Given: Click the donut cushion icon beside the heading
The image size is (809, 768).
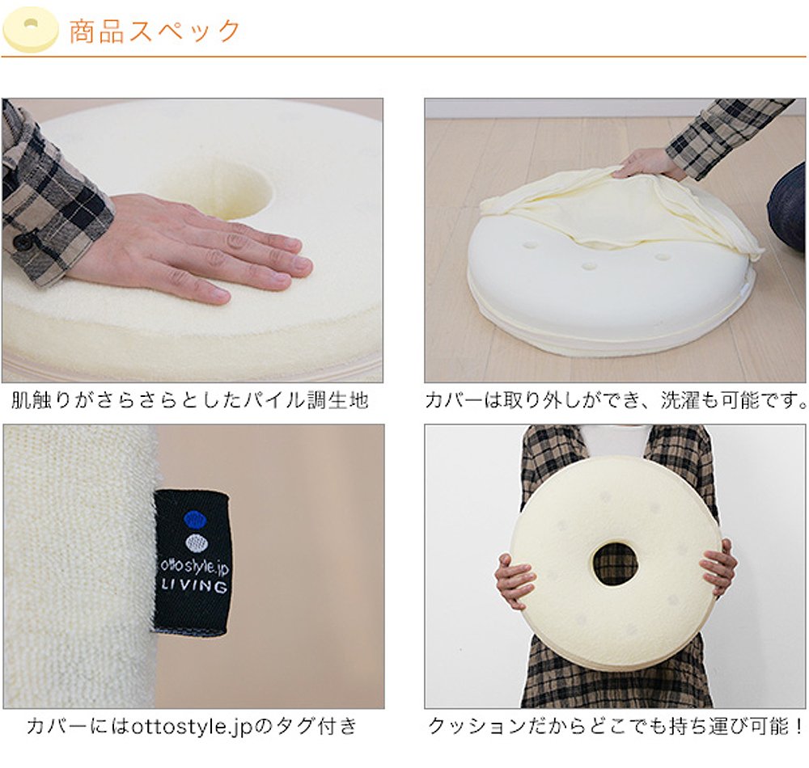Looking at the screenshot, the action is (31, 30).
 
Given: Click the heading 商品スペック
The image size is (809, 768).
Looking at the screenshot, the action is (155, 31).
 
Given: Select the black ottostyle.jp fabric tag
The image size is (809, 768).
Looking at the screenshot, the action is (192, 562).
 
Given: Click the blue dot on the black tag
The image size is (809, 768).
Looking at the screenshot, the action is (194, 520).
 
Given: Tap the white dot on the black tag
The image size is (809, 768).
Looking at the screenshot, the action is (194, 542).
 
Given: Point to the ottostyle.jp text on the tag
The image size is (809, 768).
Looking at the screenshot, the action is (193, 568).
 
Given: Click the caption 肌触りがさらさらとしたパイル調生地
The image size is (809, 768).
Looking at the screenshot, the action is (190, 400).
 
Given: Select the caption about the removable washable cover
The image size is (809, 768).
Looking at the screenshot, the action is (616, 400).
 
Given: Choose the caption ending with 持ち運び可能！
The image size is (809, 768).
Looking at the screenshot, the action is (616, 726).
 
